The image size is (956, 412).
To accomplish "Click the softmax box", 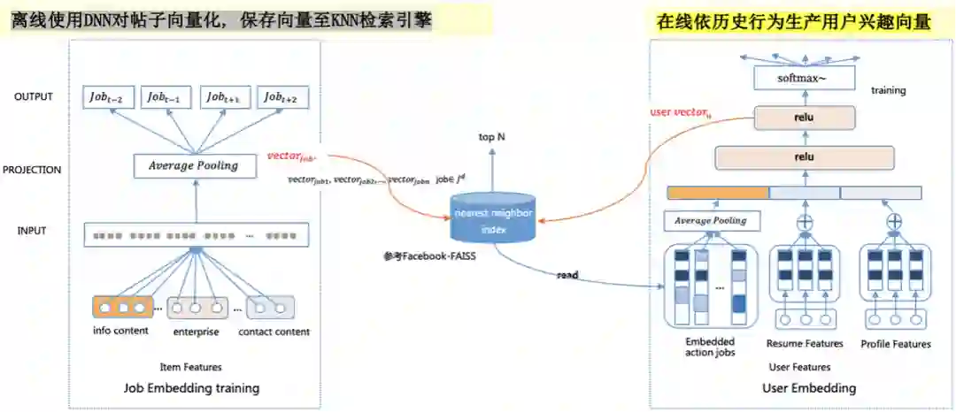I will click(x=804, y=79).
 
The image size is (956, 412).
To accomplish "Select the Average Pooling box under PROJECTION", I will click(x=194, y=164).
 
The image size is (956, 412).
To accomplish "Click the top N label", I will click(x=492, y=137).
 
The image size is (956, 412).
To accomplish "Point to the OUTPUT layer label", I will click(x=33, y=97).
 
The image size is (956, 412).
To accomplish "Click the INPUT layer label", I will click(x=31, y=232).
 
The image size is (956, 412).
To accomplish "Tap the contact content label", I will click(x=274, y=332).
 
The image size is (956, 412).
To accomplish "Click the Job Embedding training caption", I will click(x=192, y=387).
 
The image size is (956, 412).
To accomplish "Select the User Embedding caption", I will click(x=809, y=387).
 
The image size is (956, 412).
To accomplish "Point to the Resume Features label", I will click(x=805, y=344).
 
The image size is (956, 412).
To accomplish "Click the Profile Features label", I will click(x=896, y=344).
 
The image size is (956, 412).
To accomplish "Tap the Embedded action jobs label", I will click(x=710, y=347).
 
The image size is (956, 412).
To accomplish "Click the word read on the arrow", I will click(x=567, y=275).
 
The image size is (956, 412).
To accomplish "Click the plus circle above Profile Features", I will click(x=895, y=221).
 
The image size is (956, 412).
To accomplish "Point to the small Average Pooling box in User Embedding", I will click(x=711, y=220).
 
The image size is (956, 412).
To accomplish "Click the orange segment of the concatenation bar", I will click(x=717, y=192).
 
